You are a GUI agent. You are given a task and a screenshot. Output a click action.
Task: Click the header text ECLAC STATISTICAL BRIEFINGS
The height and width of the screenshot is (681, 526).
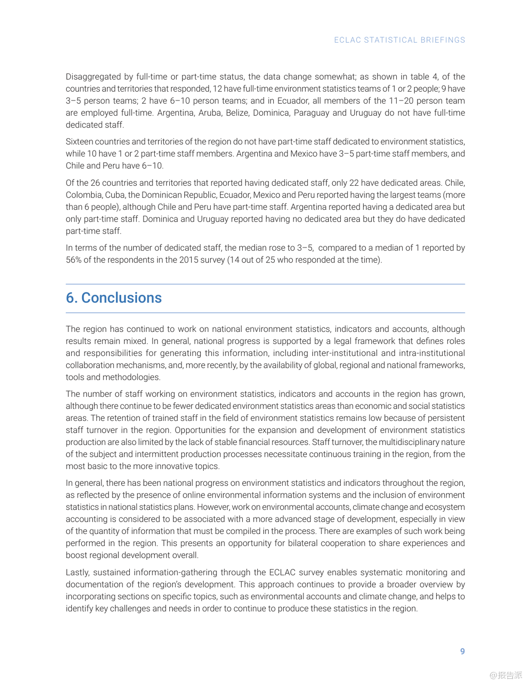(x=399, y=40)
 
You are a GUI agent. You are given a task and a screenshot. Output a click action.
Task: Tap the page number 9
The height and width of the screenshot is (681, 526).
(x=462, y=651)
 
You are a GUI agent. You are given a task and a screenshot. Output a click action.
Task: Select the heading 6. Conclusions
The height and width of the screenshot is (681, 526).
(x=114, y=298)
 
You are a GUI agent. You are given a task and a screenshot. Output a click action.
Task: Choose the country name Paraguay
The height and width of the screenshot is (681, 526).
(x=311, y=113)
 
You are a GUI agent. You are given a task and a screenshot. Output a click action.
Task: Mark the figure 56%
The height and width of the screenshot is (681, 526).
(x=74, y=260)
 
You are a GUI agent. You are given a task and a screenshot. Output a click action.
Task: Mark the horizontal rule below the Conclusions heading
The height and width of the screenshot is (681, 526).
(x=265, y=313)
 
